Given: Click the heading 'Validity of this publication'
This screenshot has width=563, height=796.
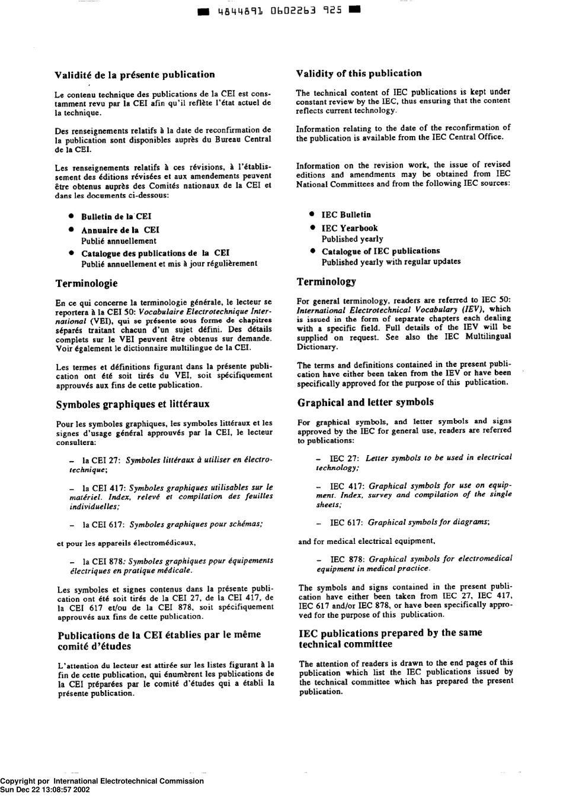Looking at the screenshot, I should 359,73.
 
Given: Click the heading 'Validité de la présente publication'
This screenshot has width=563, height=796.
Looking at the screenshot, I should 135,75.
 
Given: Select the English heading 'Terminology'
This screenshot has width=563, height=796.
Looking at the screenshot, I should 326,282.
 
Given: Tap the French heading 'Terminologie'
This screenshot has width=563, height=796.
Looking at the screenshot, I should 87,283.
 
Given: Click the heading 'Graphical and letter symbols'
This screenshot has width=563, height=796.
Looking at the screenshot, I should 365,402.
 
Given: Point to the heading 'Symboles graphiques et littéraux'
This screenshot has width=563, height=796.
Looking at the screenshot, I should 133,404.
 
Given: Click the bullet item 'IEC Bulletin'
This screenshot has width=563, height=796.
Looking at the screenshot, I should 346,215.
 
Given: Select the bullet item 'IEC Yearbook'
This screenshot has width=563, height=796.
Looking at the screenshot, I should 349,228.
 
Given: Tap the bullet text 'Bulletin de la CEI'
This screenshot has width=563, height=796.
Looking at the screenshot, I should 116,217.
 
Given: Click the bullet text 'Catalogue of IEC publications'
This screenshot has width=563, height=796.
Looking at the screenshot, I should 380,251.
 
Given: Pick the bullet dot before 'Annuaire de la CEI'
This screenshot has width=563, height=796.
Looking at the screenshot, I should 70,230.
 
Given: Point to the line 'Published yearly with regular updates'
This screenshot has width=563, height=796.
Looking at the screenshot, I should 391,262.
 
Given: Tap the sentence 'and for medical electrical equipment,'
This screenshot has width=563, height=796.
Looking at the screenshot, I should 367,541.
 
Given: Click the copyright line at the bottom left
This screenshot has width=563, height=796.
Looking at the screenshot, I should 102,781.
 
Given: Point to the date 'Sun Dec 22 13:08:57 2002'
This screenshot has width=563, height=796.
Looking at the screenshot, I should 45,789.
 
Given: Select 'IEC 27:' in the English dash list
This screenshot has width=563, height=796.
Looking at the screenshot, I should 344,458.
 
